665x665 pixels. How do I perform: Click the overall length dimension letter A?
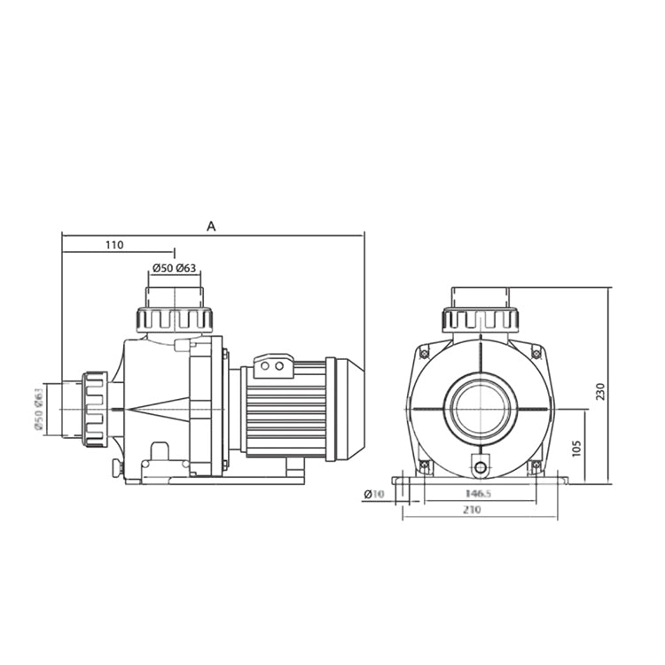click(211, 226)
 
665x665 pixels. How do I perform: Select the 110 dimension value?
click(113, 245)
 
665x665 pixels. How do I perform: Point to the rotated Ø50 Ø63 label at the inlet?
click(40, 410)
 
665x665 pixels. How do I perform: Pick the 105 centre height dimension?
click(575, 447)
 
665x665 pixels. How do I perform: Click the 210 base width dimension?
click(480, 512)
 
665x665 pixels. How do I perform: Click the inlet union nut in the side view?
click(95, 408)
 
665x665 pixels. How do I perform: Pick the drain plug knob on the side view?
click(116, 467)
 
